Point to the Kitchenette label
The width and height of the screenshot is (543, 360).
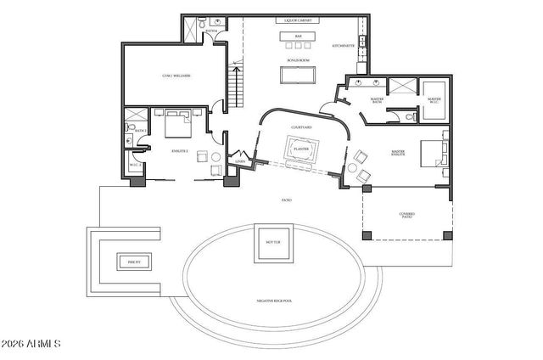click(344, 47)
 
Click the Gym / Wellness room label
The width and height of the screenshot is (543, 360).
click(176, 76)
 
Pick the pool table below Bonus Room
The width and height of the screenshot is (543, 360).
click(298, 76)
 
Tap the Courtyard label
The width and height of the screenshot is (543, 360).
click(301, 127)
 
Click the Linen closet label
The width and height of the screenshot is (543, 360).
click(240, 160)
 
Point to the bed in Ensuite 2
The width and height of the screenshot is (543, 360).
click(178, 124)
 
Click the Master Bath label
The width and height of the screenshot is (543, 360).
click(378, 101)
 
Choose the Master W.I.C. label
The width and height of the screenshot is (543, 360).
click(434, 100)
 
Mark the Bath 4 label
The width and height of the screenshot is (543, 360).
click(210, 31)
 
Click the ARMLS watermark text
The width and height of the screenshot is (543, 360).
click(32, 345)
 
